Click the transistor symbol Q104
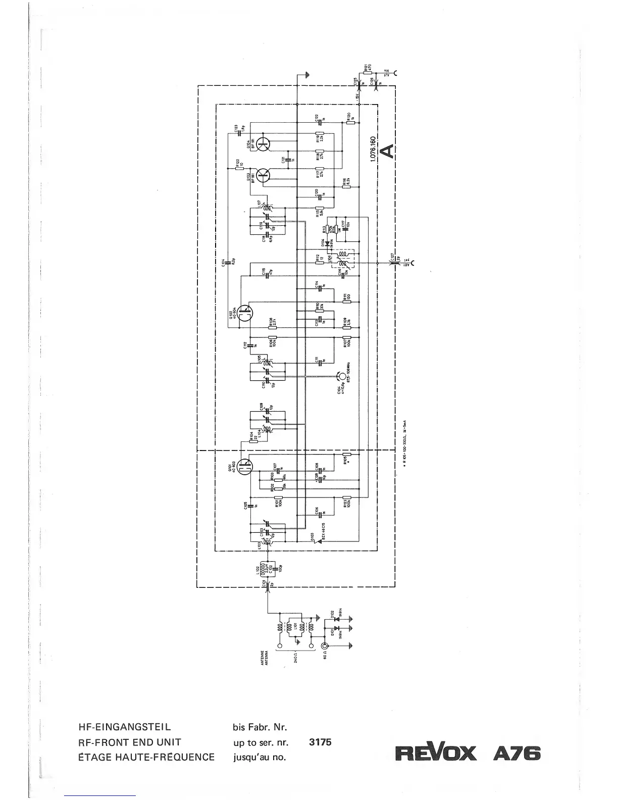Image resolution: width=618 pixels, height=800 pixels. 263,144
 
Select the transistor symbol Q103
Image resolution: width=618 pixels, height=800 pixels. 263,176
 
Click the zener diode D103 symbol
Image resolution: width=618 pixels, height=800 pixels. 313,541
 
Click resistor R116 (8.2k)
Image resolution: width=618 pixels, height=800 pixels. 346,186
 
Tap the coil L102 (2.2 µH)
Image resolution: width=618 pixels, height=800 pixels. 266,568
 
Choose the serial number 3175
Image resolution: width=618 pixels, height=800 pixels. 320,742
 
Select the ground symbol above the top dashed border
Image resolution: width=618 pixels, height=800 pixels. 307,75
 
